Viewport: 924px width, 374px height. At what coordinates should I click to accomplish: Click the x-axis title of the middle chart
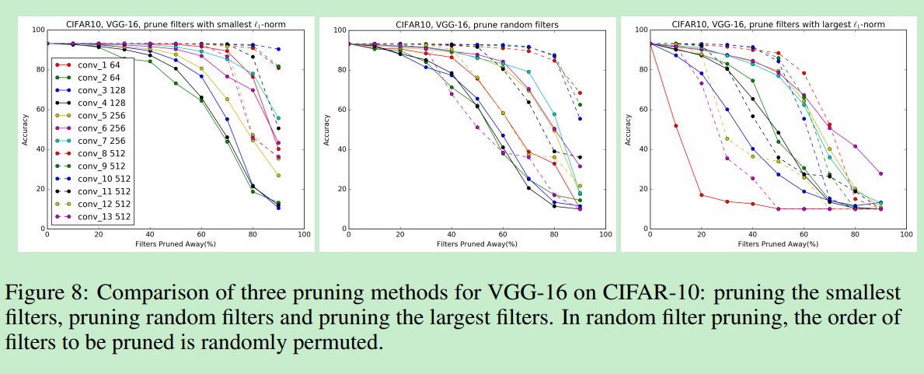[474, 243]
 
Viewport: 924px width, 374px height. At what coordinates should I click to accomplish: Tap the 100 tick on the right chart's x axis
[905, 234]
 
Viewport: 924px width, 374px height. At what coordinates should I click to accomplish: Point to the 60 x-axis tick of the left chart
[201, 234]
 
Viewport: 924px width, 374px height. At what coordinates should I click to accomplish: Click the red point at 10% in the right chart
[675, 126]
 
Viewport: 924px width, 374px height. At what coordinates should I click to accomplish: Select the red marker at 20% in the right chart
[701, 195]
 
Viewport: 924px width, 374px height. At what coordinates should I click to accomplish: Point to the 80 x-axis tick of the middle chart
[554, 234]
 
